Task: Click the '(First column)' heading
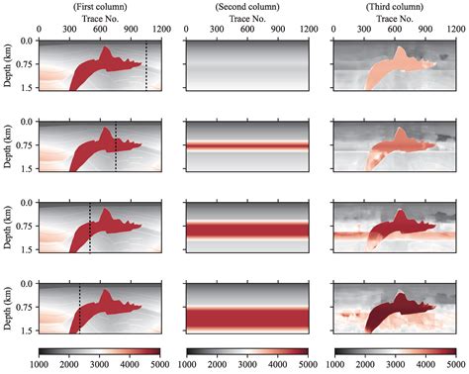pyautogui.click(x=98, y=6)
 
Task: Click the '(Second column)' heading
pyautogui.click(x=246, y=6)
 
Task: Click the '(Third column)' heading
pyautogui.click(x=396, y=6)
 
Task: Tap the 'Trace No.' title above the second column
pyautogui.click(x=246, y=18)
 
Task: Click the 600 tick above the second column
pyautogui.click(x=246, y=31)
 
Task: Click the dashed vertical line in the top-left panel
pyautogui.click(x=146, y=64)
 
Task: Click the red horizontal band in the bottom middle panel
pyautogui.click(x=246, y=317)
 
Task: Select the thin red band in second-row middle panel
pyautogui.click(x=246, y=145)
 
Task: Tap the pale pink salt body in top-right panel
pyautogui.click(x=381, y=68)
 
